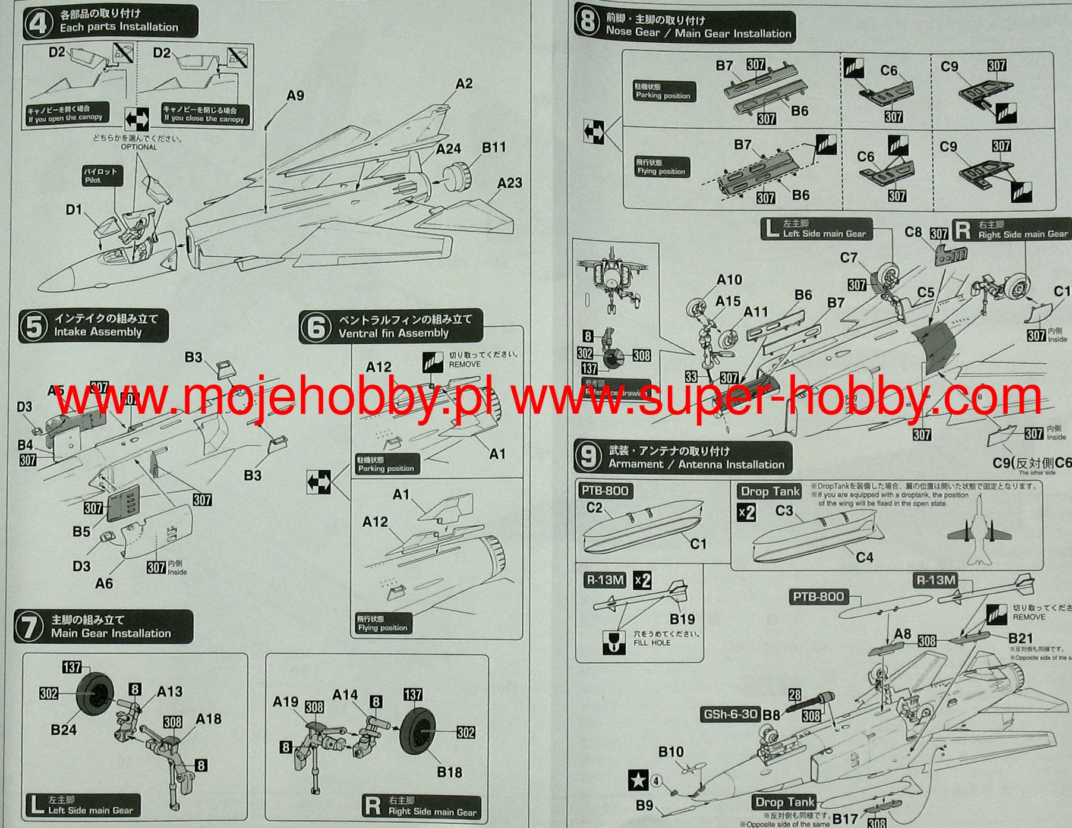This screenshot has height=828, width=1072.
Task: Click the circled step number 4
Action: coord(38,24)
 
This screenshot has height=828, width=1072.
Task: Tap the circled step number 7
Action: coord(29,628)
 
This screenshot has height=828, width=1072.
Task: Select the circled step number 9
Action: coord(588,457)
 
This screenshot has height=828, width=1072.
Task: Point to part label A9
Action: coord(295,96)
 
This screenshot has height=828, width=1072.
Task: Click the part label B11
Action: coord(493,147)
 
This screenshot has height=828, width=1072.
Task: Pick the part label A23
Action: coord(509,183)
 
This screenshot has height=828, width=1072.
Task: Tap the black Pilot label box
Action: coord(102,175)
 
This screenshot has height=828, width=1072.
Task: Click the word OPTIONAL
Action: coord(139,147)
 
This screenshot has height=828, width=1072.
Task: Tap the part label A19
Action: coord(285,702)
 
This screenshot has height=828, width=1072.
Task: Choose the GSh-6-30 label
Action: coord(730,714)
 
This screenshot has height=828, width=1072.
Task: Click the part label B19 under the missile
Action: coord(682,619)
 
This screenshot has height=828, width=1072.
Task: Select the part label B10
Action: coord(671,752)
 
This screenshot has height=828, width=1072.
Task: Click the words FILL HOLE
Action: coord(652,643)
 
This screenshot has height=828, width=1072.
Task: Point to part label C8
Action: coord(913,232)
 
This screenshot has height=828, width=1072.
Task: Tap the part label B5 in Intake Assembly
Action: coord(81,531)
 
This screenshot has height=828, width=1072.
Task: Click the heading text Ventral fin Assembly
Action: coord(393,333)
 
